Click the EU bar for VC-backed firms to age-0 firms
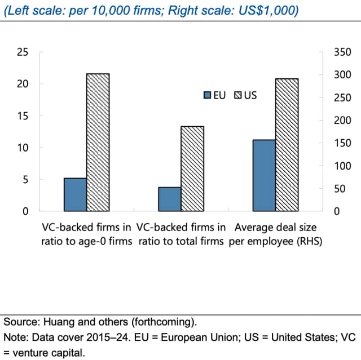[x=75, y=194]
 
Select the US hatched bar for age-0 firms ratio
[x=98, y=143]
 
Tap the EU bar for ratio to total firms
[x=170, y=199]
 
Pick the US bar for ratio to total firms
[x=192, y=169]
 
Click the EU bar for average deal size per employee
[x=264, y=175]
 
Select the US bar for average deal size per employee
[x=287, y=145]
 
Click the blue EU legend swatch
[x=207, y=95]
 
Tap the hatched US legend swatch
[x=238, y=95]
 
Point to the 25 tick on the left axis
[x=23, y=52]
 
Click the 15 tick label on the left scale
[x=23, y=116]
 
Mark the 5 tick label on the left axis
[x=25, y=180]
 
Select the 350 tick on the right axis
[x=342, y=52]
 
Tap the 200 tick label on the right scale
[x=342, y=121]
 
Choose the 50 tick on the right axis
[x=340, y=189]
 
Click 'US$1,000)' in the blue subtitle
[x=268, y=11]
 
